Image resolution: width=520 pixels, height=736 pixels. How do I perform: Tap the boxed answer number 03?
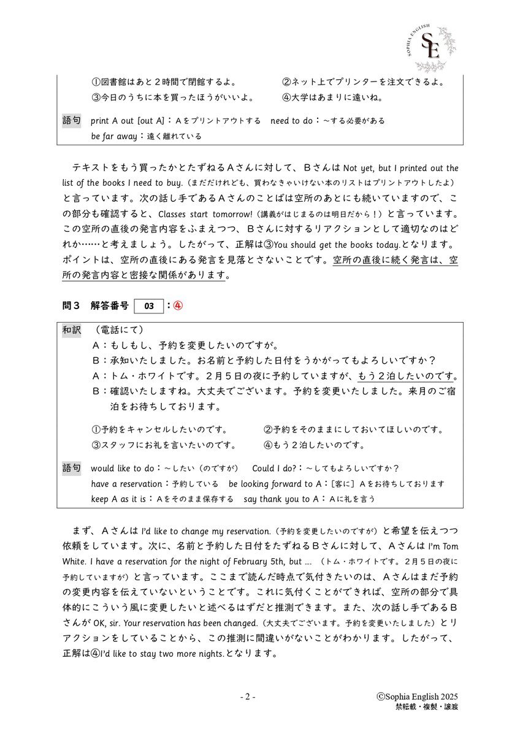click(x=148, y=305)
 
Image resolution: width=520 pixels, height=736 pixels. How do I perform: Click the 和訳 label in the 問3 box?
click(x=72, y=330)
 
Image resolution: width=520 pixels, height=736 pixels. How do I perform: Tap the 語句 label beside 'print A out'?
click(x=72, y=120)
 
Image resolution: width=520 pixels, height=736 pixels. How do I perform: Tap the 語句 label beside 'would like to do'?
click(x=72, y=468)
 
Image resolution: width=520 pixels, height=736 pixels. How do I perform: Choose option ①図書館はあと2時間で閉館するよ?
click(x=164, y=82)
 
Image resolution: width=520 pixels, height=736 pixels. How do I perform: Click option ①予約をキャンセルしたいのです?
click(x=159, y=429)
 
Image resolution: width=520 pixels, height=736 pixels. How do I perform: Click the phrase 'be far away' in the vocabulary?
click(x=113, y=136)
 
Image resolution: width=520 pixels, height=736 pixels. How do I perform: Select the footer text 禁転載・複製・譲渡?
click(x=427, y=707)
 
